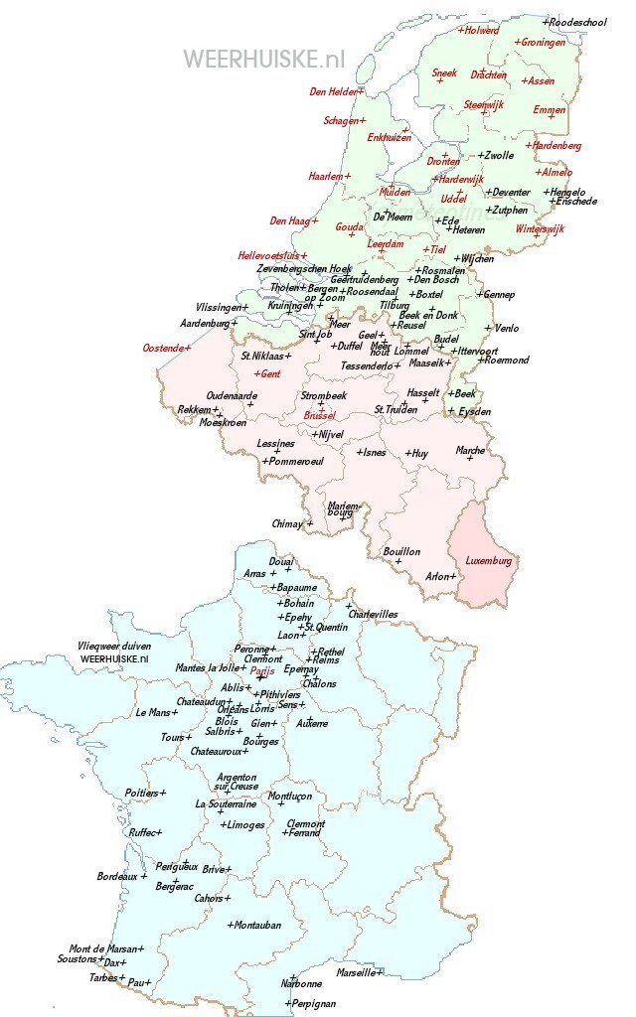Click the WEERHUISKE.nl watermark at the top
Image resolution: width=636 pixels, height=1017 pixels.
[x=263, y=59]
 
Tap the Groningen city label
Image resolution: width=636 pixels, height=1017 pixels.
[x=543, y=43]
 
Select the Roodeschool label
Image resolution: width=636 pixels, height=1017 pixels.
[x=577, y=21]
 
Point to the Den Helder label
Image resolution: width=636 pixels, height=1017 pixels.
[x=334, y=91]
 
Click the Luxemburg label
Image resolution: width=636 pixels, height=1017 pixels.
[x=489, y=561]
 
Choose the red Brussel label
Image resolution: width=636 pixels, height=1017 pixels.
[x=320, y=415]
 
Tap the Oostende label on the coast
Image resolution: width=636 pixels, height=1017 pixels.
[x=165, y=348]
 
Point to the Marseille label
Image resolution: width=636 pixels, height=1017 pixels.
[x=357, y=972]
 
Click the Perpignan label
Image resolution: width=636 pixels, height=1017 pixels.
[x=313, y=1003]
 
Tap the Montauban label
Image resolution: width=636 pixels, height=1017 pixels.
[x=256, y=925]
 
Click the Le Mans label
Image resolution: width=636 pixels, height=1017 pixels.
[x=155, y=712]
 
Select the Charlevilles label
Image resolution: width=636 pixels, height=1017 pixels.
[x=373, y=614]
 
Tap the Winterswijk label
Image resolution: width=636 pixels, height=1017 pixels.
[x=540, y=228]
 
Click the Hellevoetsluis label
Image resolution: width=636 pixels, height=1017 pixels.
[x=269, y=255]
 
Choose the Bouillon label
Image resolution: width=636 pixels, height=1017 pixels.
[x=401, y=551]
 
